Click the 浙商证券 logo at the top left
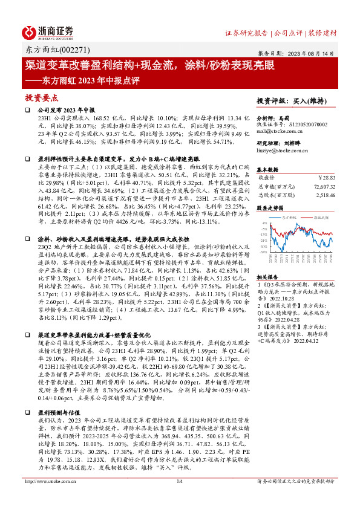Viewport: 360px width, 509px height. [x=48, y=31]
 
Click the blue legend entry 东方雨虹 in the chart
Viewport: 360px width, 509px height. [x=281, y=214]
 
